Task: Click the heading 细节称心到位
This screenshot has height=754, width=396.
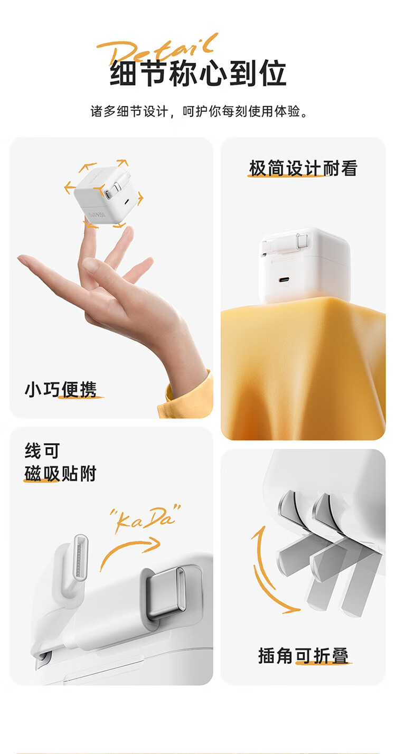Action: click(198, 73)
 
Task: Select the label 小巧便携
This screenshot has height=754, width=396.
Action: click(61, 390)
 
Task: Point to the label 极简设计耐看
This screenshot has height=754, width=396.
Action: click(303, 168)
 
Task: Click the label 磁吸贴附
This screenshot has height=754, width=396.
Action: click(60, 474)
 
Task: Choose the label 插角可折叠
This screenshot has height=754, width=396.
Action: click(303, 655)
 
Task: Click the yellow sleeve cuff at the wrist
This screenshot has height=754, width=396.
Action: click(187, 394)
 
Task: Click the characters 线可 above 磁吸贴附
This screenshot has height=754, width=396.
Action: click(42, 451)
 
